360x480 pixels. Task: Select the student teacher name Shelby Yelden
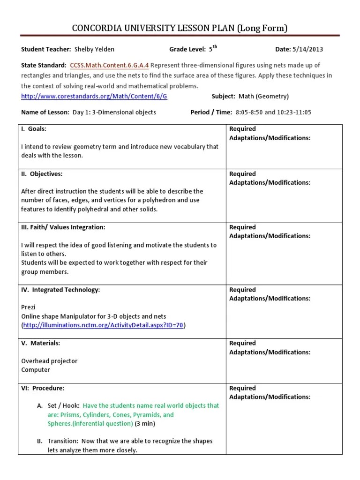(94, 49)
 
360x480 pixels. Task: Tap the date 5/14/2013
(307, 49)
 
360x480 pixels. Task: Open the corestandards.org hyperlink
(94, 96)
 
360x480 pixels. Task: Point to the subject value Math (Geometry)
(264, 96)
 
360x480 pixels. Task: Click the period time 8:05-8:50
(249, 112)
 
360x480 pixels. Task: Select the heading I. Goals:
(33, 129)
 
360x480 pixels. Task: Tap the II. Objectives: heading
(41, 174)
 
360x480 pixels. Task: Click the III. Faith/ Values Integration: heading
(63, 227)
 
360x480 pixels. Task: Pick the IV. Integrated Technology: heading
(60, 290)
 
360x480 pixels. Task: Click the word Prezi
(28, 307)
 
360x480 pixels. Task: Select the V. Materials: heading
(40, 343)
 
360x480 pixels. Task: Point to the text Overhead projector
(49, 361)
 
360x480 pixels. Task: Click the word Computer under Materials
(36, 370)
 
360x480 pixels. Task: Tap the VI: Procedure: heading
(43, 388)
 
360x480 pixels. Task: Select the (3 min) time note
(145, 424)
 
